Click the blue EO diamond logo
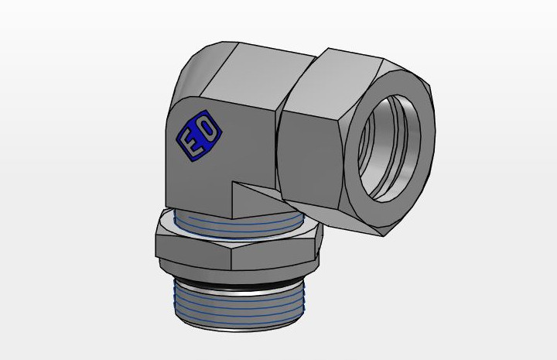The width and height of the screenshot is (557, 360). tap(199, 135)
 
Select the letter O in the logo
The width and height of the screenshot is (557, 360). tap(208, 129)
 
